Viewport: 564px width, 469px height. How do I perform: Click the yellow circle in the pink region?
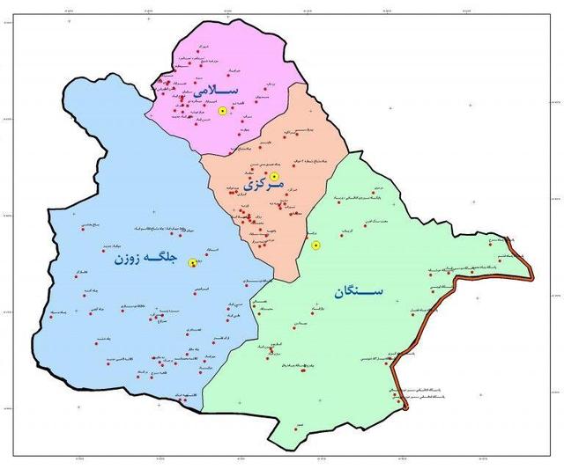(x=223, y=112)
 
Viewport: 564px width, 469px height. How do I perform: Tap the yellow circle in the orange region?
(x=274, y=176)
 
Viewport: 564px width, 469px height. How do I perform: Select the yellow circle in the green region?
(x=316, y=245)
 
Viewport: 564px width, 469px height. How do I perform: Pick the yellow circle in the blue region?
(x=192, y=261)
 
